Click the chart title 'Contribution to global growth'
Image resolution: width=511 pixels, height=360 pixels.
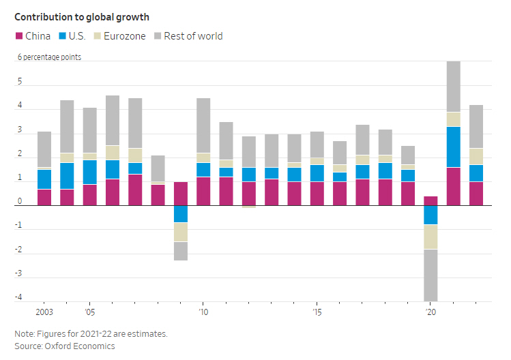pos(82,16)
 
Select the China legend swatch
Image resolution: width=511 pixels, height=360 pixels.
pos(19,36)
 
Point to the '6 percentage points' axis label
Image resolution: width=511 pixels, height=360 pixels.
pos(49,57)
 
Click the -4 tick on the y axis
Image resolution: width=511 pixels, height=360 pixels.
pos(19,297)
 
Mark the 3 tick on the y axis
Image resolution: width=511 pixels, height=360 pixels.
pos(19,130)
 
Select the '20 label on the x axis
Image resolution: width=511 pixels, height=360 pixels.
pos(430,312)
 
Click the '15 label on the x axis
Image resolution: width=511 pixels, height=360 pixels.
pos(317,312)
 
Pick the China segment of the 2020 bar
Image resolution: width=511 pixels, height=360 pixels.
pos(430,200)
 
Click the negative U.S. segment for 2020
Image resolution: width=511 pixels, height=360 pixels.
pos(430,215)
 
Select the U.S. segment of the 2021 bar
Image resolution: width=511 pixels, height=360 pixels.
pos(454,147)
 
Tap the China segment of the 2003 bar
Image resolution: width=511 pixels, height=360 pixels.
pos(44,197)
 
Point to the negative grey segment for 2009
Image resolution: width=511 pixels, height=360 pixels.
pos(181,251)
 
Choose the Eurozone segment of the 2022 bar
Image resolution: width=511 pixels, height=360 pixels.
pos(476,156)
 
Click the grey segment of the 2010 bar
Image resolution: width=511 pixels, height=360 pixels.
pos(203,125)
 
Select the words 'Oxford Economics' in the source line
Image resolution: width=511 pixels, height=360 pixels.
pos(81,346)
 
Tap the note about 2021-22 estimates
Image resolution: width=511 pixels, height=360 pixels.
pos(91,334)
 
